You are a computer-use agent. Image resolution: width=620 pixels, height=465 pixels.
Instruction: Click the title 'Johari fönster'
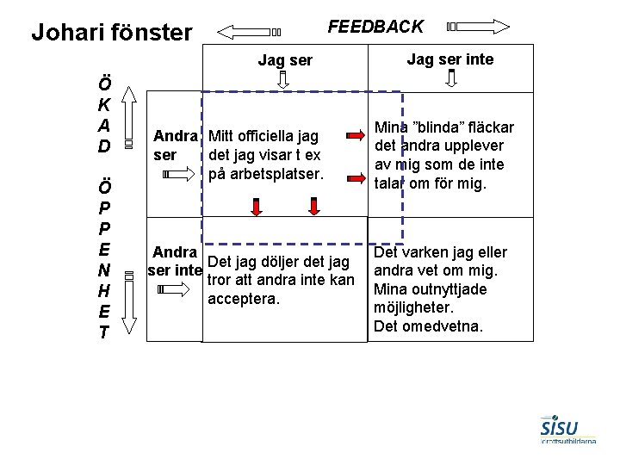(x=111, y=33)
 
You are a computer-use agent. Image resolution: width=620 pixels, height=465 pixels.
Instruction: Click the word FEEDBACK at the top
(x=376, y=27)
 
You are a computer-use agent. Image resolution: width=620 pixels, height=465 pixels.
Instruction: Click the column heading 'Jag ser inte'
(x=450, y=59)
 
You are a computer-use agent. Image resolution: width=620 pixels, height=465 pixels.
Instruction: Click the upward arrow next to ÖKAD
(x=127, y=113)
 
